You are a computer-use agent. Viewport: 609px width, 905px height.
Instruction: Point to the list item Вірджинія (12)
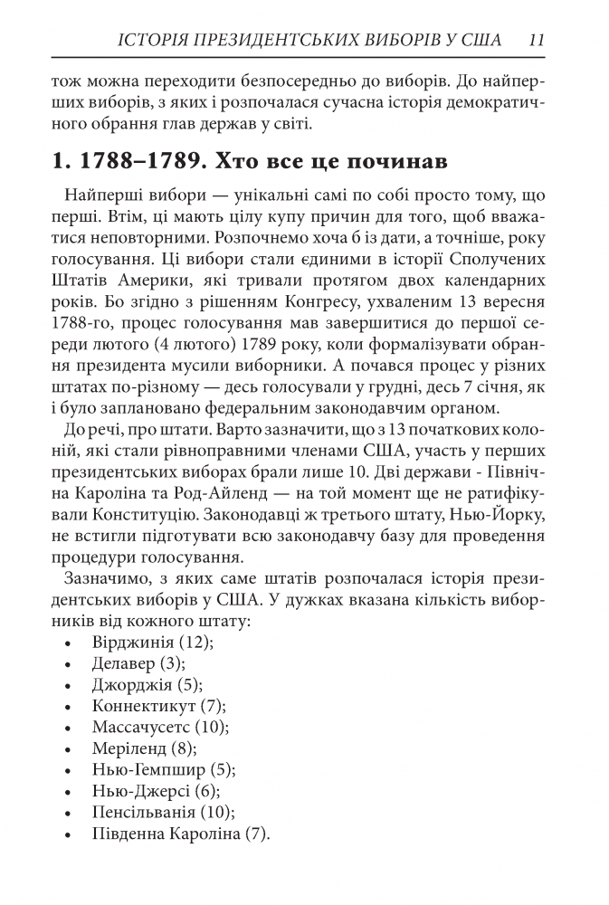(x=152, y=642)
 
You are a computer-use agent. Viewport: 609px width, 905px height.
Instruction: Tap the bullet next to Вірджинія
(x=71, y=643)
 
